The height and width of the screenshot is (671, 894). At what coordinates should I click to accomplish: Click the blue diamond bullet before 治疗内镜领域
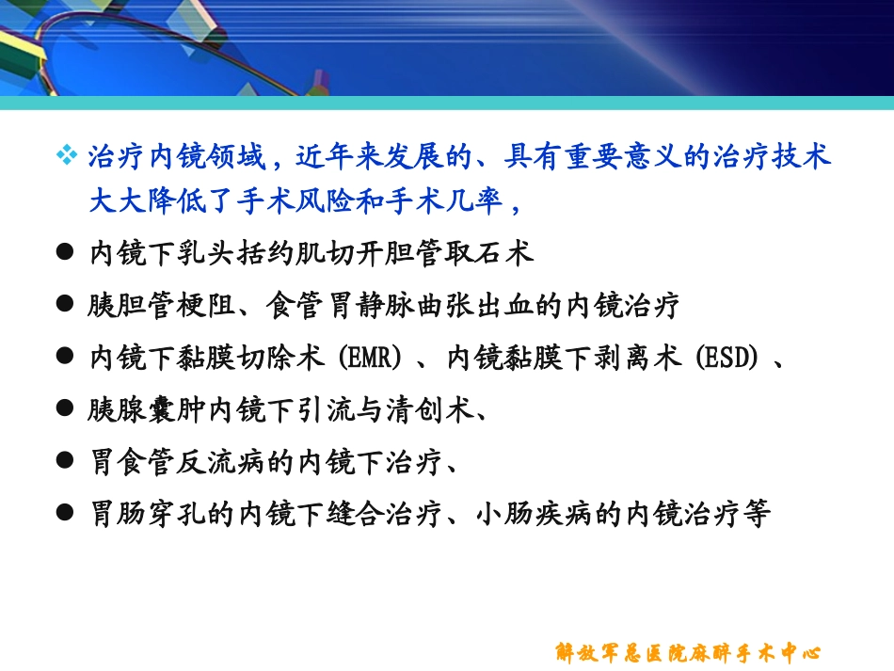click(67, 156)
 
